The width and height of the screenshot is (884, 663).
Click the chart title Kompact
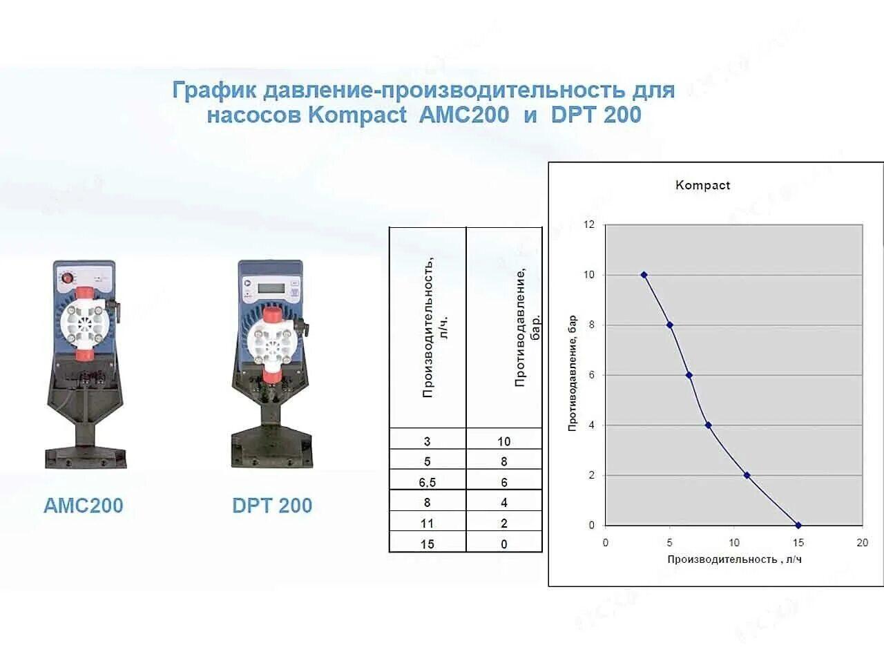[x=702, y=185]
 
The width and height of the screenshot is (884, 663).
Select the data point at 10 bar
[x=644, y=275]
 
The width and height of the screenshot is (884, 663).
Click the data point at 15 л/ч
[x=798, y=526]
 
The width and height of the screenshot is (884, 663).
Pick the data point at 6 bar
[x=689, y=375]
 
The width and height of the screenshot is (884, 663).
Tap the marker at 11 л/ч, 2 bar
[x=747, y=475]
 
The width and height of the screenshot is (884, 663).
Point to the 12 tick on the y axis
[x=589, y=224]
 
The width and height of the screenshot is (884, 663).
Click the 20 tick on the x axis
[x=863, y=543]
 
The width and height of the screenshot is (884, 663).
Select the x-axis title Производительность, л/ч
[x=735, y=559]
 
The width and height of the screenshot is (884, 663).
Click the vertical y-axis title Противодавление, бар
[x=573, y=373]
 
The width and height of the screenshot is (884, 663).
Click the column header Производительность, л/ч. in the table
[x=435, y=327]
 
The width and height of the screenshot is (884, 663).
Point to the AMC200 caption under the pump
[x=84, y=506]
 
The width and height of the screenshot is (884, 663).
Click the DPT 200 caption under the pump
[x=272, y=506]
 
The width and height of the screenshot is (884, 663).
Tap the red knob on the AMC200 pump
[x=67, y=278]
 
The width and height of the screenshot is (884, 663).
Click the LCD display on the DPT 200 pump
[x=271, y=288]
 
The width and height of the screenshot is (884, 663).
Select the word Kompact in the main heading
[x=357, y=115]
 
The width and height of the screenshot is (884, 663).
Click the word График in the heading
[x=214, y=90]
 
